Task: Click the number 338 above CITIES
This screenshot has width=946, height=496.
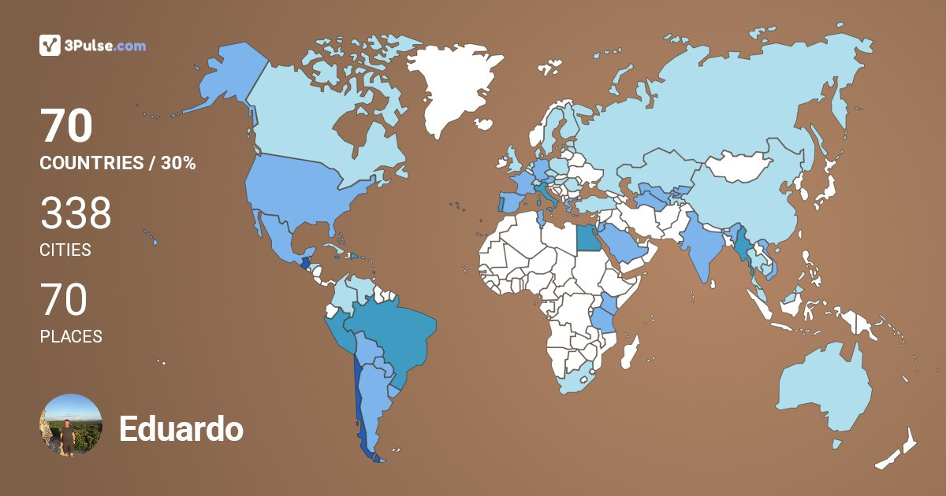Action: [x=76, y=214]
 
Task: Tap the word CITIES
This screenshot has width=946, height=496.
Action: [x=65, y=250]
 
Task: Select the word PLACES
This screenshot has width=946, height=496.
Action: [x=71, y=336]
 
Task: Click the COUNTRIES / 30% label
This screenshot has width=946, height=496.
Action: [x=117, y=164]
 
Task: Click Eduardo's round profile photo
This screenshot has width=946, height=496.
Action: [x=70, y=425]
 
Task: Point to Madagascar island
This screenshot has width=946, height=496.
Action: [x=629, y=352]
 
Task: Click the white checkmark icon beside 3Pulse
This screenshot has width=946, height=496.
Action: [x=50, y=46]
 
